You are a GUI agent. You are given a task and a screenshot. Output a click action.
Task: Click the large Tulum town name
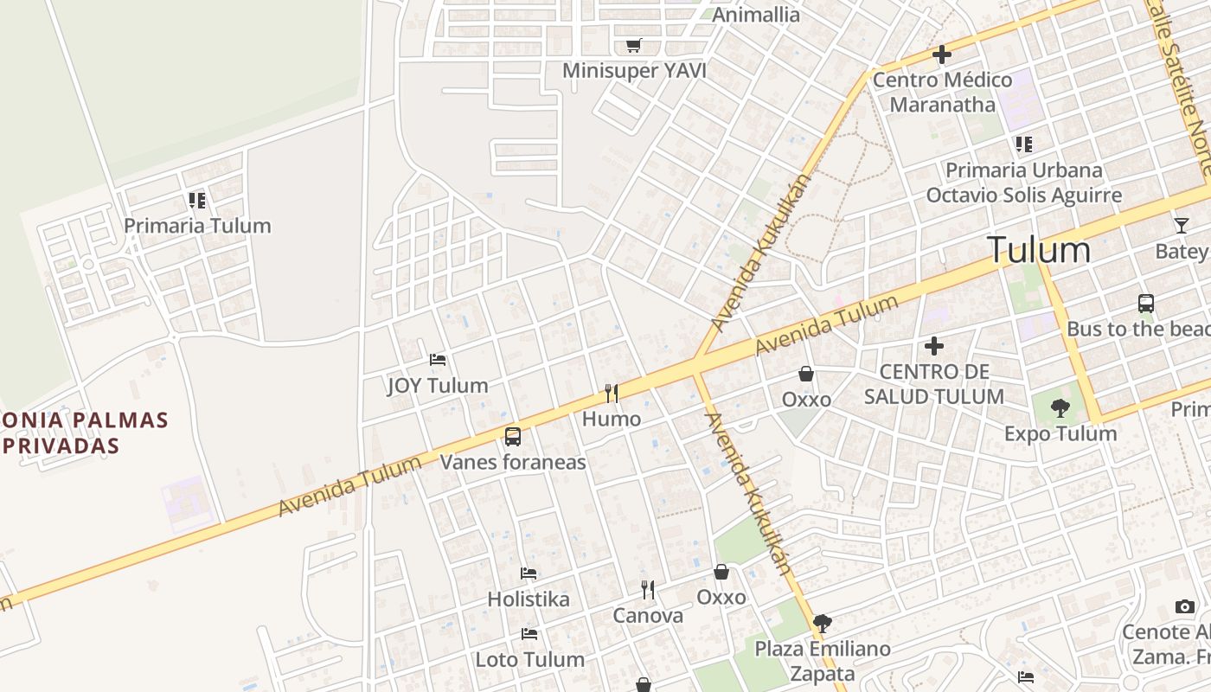coord(1039,250)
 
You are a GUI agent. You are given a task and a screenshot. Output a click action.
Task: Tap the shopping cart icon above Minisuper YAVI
coord(634,45)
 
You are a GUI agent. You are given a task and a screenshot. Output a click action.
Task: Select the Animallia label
coord(756,14)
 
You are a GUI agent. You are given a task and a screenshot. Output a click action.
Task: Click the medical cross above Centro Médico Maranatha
coord(942,55)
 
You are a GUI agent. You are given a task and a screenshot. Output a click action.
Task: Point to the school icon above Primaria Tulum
coord(197,201)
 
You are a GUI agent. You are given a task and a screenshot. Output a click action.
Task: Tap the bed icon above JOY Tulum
coord(438,360)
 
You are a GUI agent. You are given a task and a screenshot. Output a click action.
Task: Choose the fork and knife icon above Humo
coord(612,394)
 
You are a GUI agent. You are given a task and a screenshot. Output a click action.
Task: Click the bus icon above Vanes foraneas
coord(513,437)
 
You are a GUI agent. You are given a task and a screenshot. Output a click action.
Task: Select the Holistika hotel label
coord(529,599)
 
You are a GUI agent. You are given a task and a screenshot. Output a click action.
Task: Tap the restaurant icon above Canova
coord(648,590)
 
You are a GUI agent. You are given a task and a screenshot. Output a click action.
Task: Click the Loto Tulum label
coord(530,660)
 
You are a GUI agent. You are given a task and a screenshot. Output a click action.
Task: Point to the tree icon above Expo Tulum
coord(1060,407)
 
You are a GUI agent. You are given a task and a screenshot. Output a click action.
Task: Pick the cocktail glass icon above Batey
coord(1182,226)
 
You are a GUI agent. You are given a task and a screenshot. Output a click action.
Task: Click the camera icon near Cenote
coord(1185,606)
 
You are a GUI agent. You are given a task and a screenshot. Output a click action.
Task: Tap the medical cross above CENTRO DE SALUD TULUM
coord(934,347)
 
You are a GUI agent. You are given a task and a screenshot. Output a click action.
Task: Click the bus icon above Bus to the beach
coord(1146,304)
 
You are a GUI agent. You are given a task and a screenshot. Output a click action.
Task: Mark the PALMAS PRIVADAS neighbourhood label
coord(85,433)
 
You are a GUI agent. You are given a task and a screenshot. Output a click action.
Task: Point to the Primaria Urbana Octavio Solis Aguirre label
coord(1024,183)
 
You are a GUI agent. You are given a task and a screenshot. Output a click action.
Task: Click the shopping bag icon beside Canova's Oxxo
coord(721,572)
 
